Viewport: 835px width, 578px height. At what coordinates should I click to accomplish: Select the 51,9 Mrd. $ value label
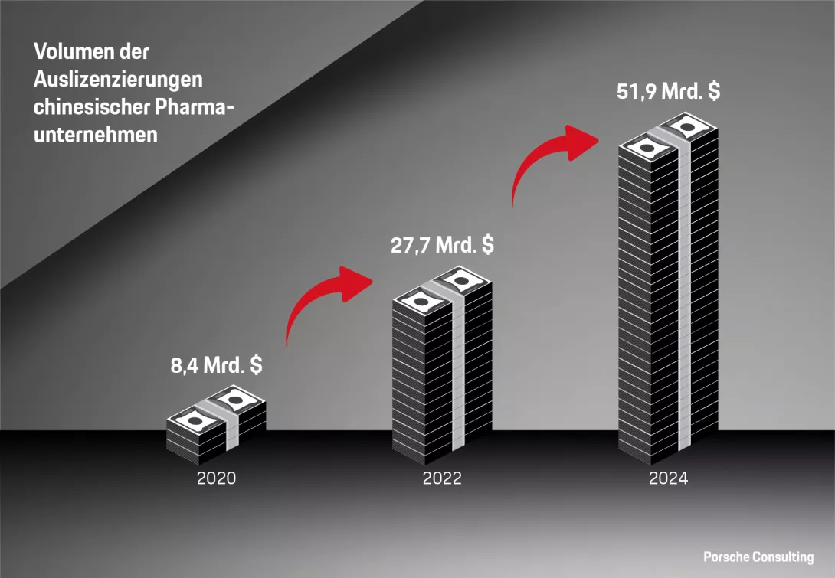click(x=668, y=91)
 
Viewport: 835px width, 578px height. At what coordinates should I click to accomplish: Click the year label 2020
click(x=216, y=479)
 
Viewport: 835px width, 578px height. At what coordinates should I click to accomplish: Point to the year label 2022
click(x=442, y=479)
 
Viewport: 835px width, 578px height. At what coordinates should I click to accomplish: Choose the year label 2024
click(x=668, y=479)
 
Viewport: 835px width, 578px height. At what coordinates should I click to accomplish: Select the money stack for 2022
click(x=442, y=367)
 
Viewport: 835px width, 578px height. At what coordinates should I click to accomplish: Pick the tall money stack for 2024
click(x=668, y=291)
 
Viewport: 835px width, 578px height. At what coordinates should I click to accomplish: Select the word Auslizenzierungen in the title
click(x=117, y=80)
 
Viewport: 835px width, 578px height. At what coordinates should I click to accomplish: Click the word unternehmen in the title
click(x=95, y=134)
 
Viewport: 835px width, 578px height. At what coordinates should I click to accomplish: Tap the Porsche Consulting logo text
click(x=758, y=557)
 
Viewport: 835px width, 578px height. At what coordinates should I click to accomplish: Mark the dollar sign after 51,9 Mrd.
click(x=713, y=91)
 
